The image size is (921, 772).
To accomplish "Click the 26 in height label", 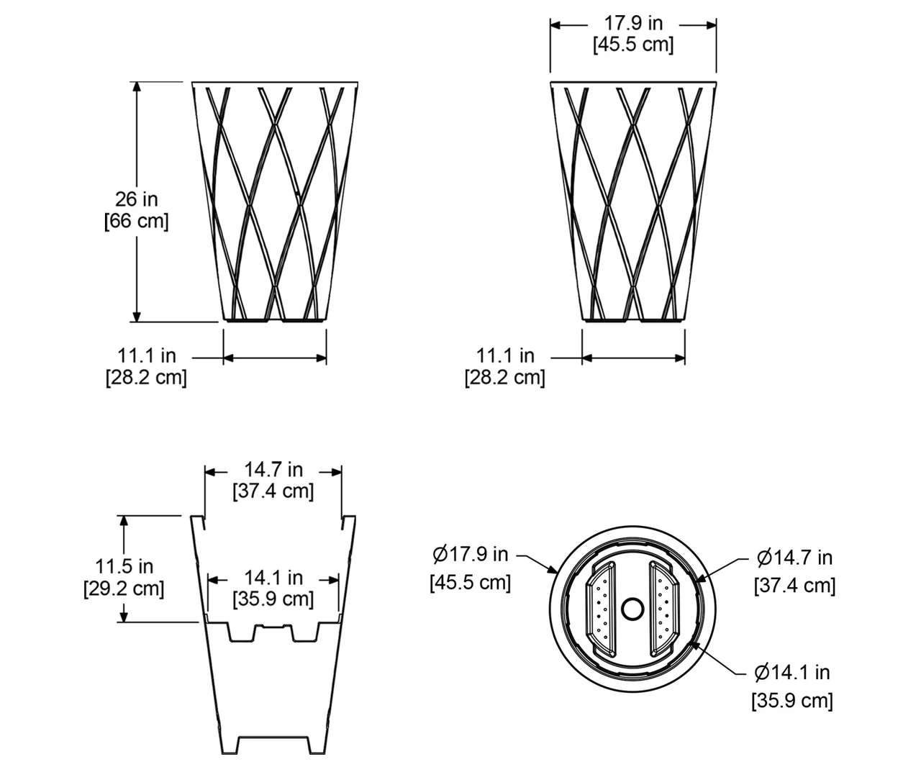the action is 136,199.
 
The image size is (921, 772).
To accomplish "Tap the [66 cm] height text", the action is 136,221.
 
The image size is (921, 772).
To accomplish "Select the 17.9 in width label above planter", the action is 633,23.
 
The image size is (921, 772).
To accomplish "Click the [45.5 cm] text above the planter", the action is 633,45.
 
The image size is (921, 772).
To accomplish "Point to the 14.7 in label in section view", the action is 273,470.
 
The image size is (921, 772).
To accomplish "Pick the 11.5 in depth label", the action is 124,566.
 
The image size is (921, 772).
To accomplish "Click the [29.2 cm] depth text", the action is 124,589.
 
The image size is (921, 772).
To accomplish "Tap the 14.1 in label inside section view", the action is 273,578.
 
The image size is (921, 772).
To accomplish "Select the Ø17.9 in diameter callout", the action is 470,555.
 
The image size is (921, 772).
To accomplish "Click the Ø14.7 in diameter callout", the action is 794,558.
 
